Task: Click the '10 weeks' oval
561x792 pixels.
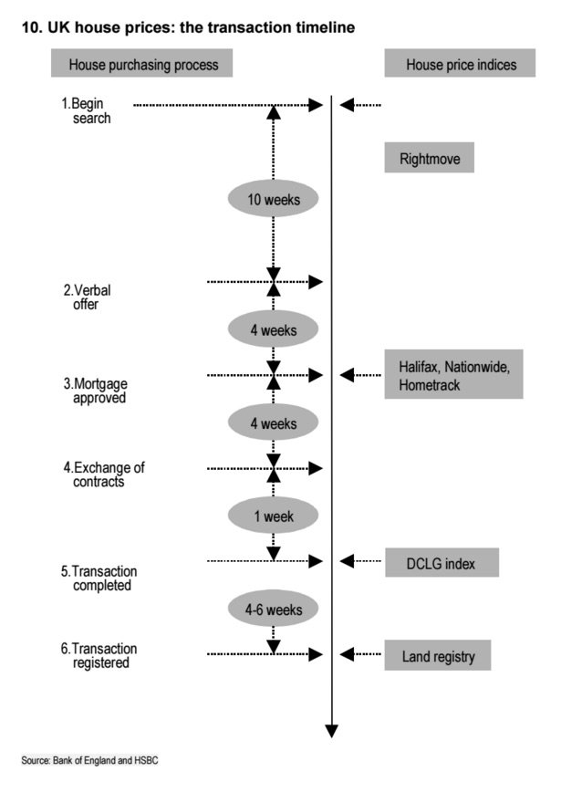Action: tap(273, 199)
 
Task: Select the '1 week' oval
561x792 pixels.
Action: tap(273, 516)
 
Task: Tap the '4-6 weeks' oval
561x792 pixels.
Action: tap(273, 609)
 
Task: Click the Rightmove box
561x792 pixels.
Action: tap(430, 158)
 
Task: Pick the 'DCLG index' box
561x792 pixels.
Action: tap(442, 563)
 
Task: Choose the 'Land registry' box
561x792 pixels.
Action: tap(438, 656)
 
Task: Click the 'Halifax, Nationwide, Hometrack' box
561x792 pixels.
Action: tap(453, 374)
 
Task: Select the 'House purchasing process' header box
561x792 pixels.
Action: tap(142, 63)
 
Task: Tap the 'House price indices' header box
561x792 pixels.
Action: tap(460, 63)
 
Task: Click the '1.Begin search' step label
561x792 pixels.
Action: tap(86, 110)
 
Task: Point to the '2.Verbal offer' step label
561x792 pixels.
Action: tap(87, 297)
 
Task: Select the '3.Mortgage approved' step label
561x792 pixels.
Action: tap(95, 391)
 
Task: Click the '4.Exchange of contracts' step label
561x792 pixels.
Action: tap(103, 474)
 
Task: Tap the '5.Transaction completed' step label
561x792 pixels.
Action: tap(99, 578)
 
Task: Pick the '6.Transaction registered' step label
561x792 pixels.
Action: tap(99, 656)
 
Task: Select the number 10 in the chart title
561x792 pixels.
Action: tap(30, 27)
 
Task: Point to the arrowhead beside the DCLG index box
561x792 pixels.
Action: tap(347, 560)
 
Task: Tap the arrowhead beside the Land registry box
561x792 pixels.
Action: tap(347, 654)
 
